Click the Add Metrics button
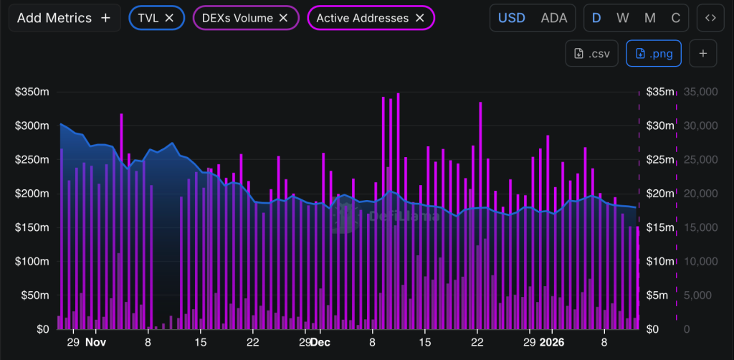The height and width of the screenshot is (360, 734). tap(64, 18)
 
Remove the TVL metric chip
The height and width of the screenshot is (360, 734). tap(169, 18)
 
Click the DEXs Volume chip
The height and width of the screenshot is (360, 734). tap(246, 18)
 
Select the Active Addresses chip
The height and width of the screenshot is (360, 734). tap(371, 18)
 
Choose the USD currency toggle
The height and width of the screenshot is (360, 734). tap(512, 18)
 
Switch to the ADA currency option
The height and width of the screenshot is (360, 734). tap(553, 18)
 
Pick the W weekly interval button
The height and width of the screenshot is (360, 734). tap(623, 18)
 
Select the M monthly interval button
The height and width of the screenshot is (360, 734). tap(650, 18)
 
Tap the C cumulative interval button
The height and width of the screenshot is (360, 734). tap(675, 18)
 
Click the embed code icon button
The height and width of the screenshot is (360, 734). tap(710, 18)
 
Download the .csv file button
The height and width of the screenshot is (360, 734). tap(591, 53)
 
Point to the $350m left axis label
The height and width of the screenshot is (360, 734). tap(32, 92)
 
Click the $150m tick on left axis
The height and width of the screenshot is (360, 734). tap(32, 227)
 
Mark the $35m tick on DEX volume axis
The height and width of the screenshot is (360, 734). tap(659, 92)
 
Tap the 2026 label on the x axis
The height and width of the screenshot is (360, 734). tap(552, 343)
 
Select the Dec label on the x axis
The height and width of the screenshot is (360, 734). tap(320, 343)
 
